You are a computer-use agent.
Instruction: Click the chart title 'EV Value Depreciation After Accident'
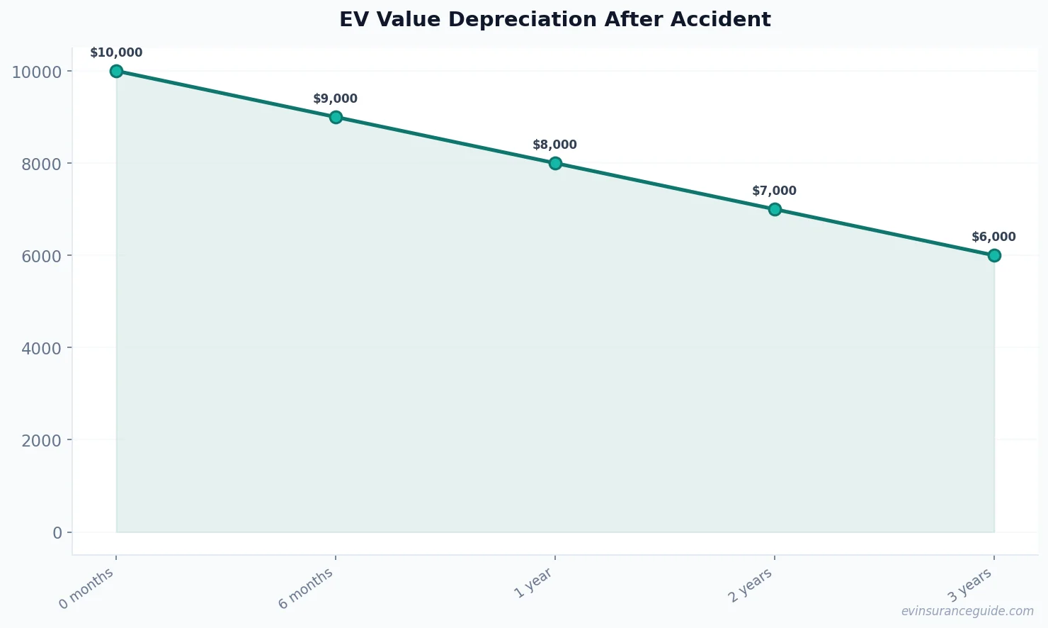pyautogui.click(x=554, y=20)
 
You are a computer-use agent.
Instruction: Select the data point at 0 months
pyautogui.click(x=116, y=71)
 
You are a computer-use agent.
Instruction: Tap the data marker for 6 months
pyautogui.click(x=336, y=117)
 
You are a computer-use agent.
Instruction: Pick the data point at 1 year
pyautogui.click(x=555, y=163)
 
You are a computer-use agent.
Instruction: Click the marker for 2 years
pyautogui.click(x=775, y=209)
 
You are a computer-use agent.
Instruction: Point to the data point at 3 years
pyautogui.click(x=994, y=255)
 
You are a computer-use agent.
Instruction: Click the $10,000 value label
pyautogui.click(x=116, y=53)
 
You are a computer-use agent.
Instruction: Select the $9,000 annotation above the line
pyautogui.click(x=336, y=99)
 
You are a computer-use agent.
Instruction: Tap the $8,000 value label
pyautogui.click(x=555, y=145)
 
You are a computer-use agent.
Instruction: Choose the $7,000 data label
pyautogui.click(x=775, y=191)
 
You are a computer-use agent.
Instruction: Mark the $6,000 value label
pyautogui.click(x=994, y=237)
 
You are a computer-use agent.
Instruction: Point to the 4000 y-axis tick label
pyautogui.click(x=42, y=348)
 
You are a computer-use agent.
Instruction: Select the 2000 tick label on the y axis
pyautogui.click(x=42, y=440)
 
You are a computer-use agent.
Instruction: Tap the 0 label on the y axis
pyautogui.click(x=57, y=532)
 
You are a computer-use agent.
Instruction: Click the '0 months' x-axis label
pyautogui.click(x=86, y=589)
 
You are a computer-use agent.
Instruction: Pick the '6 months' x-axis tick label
pyautogui.click(x=306, y=589)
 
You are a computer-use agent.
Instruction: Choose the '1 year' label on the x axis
pyautogui.click(x=533, y=583)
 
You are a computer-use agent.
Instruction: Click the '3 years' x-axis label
pyautogui.click(x=970, y=585)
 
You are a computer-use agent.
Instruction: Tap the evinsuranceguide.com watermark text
pyautogui.click(x=967, y=611)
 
